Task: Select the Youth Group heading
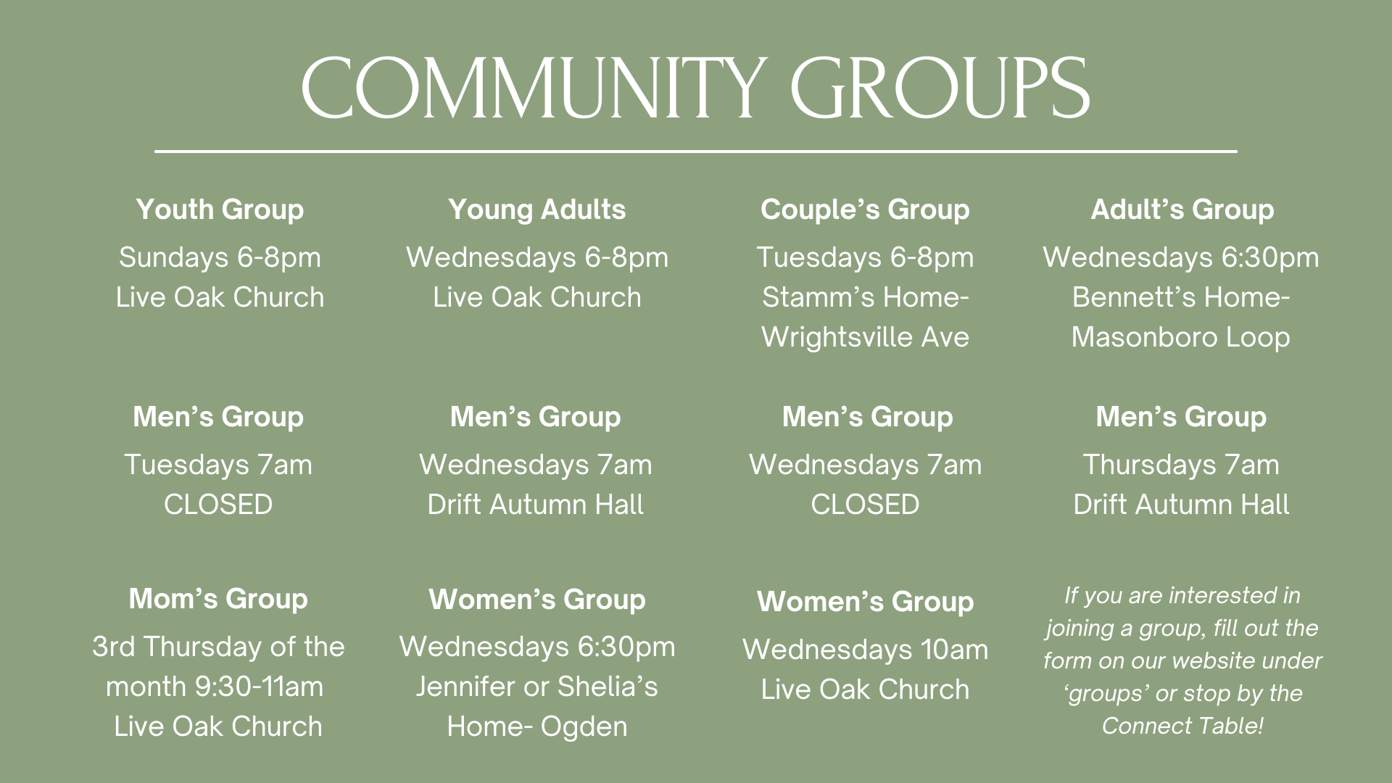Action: pyautogui.click(x=220, y=210)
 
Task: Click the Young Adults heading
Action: pyautogui.click(x=536, y=210)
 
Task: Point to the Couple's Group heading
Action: pyautogui.click(x=865, y=210)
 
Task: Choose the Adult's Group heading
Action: pyautogui.click(x=1182, y=210)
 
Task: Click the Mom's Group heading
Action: pyautogui.click(x=218, y=599)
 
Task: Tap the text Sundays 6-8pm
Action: pyautogui.click(x=220, y=257)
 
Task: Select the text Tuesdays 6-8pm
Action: pyautogui.click(x=865, y=257)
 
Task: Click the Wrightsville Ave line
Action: pyautogui.click(x=865, y=337)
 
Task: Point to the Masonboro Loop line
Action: pyautogui.click(x=1180, y=337)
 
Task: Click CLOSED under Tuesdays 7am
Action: pyautogui.click(x=218, y=505)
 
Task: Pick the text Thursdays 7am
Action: pyautogui.click(x=1181, y=465)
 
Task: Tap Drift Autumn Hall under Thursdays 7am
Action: pyautogui.click(x=1181, y=505)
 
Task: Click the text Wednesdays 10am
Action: pyautogui.click(x=865, y=650)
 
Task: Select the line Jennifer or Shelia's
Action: pyautogui.click(x=536, y=687)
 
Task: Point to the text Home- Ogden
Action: pyautogui.click(x=536, y=726)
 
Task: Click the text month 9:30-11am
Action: pyautogui.click(x=215, y=687)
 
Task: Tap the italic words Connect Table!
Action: pyautogui.click(x=1182, y=726)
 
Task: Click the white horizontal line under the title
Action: pyautogui.click(x=696, y=152)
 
